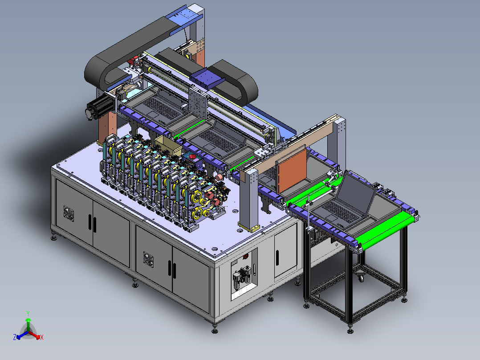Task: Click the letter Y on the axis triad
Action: coord(28,313)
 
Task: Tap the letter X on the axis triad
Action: coord(42,337)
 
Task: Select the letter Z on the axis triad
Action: coord(14,337)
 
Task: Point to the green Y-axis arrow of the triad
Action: coord(28,324)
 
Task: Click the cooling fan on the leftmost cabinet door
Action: coord(69,213)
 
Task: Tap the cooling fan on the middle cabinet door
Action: coord(148,259)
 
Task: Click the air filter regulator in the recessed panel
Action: coord(242,278)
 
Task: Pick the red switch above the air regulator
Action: coord(245,256)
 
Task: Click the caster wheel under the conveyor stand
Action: coord(361,277)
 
